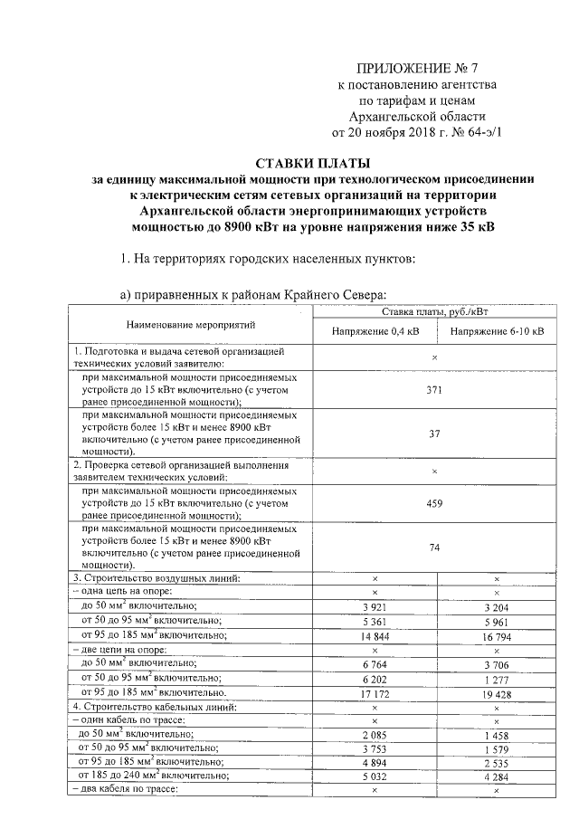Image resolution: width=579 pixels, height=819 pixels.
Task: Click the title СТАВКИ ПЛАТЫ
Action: (x=313, y=164)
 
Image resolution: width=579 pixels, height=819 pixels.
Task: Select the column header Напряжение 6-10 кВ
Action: (x=496, y=332)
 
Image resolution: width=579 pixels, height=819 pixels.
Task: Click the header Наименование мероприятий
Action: (x=190, y=323)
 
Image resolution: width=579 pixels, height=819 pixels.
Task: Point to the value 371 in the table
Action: (x=434, y=386)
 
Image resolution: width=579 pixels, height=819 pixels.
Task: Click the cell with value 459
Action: (x=434, y=503)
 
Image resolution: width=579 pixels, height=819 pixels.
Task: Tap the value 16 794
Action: (x=496, y=636)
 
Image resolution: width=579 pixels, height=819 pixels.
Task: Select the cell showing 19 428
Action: (x=496, y=691)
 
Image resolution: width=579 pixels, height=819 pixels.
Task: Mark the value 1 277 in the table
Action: (x=496, y=678)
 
